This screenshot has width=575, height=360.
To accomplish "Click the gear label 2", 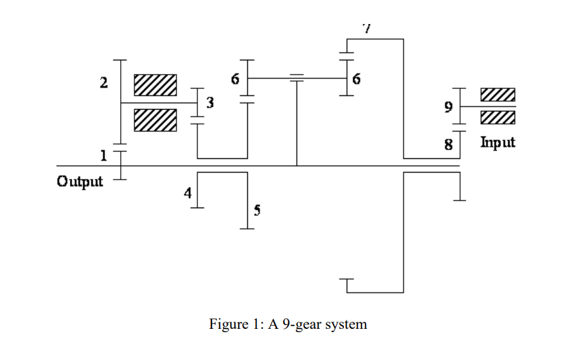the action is pos(104,82).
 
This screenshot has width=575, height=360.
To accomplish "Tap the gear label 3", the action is pos(210,102).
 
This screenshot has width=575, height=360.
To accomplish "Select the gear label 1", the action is pos(104,156).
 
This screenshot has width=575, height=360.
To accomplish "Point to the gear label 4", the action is pos(188,193).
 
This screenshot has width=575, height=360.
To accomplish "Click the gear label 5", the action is pos(257,210).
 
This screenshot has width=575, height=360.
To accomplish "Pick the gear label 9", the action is pos(448,106).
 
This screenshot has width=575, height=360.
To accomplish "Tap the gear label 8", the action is pos(448,144).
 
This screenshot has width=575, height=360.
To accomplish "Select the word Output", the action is pos(80,182).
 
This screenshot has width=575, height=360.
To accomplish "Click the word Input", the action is pos(498,142).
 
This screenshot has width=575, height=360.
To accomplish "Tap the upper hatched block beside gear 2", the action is pos(155,85).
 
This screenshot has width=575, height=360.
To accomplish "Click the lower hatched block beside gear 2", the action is pos(155,120).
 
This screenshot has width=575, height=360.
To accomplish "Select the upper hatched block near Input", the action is pos(498,95).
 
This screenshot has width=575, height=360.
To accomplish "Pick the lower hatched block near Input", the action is pos(498,117).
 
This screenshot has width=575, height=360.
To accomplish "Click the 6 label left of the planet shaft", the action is pos(235,79).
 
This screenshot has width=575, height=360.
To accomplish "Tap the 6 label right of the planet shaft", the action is pos(356,79).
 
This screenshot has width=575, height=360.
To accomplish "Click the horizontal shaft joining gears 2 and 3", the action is pos(159,102).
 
